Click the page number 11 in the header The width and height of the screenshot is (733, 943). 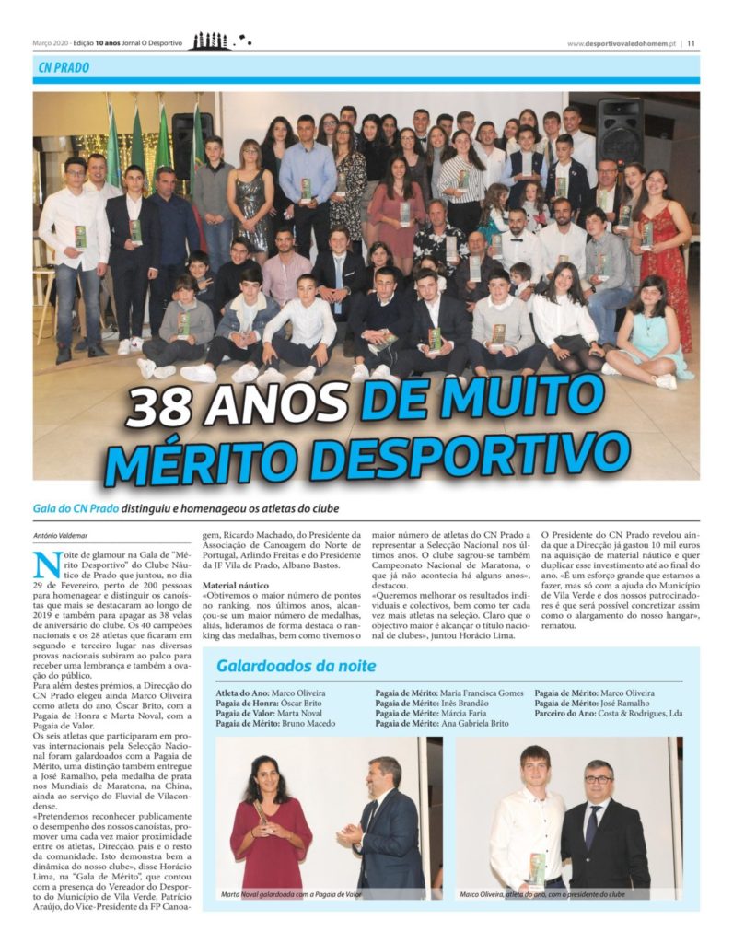coord(691,42)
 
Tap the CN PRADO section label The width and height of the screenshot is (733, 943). coord(64,68)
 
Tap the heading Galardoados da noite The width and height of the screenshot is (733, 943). coord(296,665)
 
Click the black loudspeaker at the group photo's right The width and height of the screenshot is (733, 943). coord(619,130)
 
